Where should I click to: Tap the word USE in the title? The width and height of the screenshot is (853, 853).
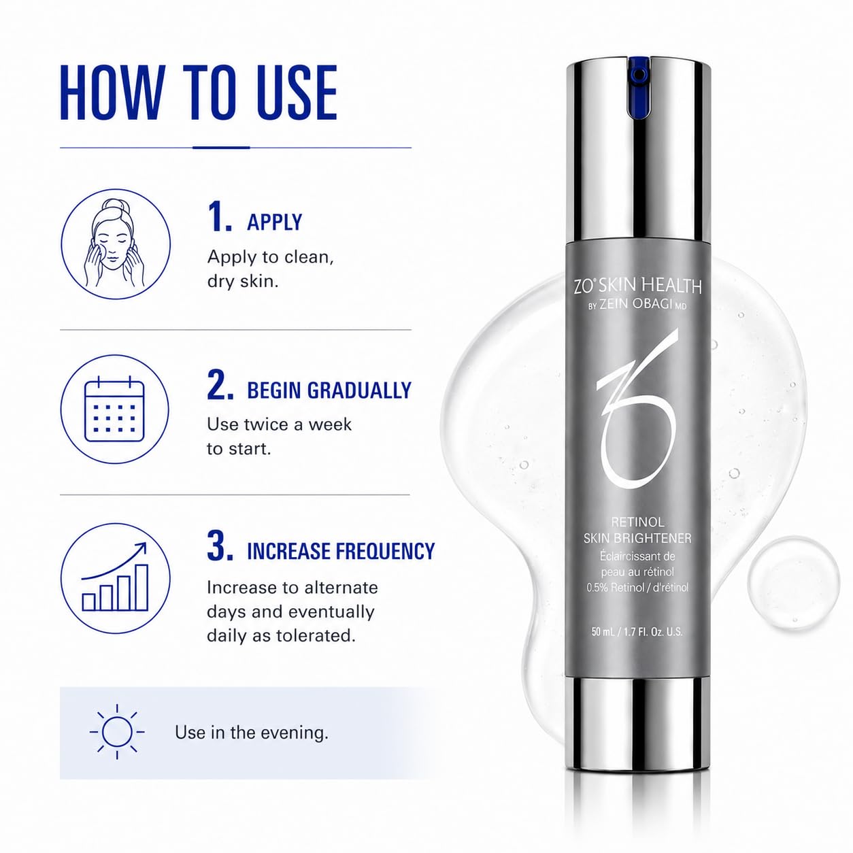click(x=297, y=92)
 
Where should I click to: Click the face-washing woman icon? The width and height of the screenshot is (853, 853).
click(x=115, y=244)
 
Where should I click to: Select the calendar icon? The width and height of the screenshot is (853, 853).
click(x=115, y=409)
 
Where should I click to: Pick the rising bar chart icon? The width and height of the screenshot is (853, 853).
click(x=115, y=578)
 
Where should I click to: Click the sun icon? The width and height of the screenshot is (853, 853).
click(x=117, y=732)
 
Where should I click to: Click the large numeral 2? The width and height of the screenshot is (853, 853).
click(x=220, y=385)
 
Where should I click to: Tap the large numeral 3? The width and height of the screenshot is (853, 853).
click(x=220, y=546)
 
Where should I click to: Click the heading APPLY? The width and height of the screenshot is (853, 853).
click(x=274, y=222)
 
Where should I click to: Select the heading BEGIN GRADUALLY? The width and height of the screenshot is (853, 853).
click(x=329, y=390)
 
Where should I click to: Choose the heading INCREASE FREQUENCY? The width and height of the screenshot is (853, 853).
click(x=341, y=551)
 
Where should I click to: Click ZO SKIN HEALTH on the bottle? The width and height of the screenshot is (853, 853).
click(x=637, y=286)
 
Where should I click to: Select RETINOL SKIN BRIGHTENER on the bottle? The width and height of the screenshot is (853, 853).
click(x=637, y=531)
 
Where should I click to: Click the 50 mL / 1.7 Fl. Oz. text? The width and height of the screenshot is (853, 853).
click(x=637, y=632)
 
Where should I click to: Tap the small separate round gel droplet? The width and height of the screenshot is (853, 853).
click(x=793, y=583)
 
